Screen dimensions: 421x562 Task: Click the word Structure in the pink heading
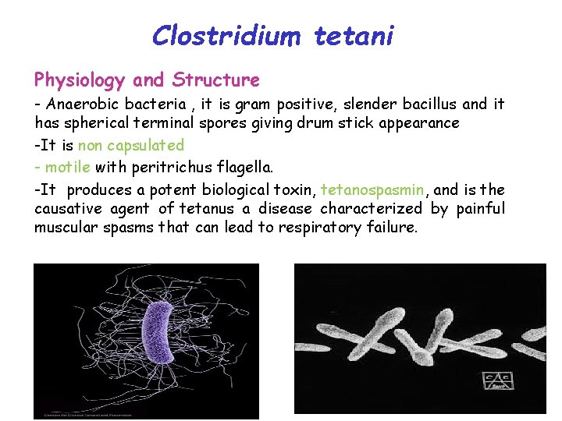pyautogui.click(x=216, y=80)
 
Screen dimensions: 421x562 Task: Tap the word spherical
pyautogui.click(x=91, y=123)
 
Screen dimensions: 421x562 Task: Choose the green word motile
pyautogui.click(x=68, y=167)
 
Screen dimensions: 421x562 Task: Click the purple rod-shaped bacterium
pyautogui.click(x=161, y=332)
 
